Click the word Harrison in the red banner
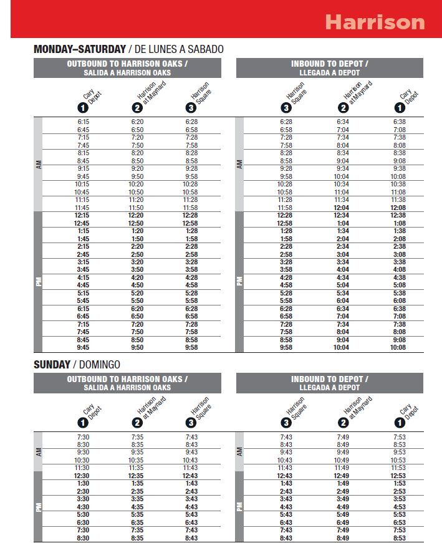[375, 22]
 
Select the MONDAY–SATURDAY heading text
[79, 49]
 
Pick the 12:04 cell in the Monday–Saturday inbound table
[343, 208]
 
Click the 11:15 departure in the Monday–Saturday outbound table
[84, 200]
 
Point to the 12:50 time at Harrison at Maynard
[137, 223]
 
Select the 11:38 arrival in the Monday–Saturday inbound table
[400, 200]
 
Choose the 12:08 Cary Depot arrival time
[400, 208]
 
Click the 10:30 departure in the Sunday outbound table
[84, 460]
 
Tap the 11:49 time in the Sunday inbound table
[343, 468]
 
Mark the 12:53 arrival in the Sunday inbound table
[400, 476]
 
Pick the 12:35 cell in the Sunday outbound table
[137, 476]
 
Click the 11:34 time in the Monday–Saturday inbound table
[343, 200]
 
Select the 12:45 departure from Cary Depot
[84, 223]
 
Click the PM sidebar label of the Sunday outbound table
[37, 506]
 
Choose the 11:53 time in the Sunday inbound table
[400, 468]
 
